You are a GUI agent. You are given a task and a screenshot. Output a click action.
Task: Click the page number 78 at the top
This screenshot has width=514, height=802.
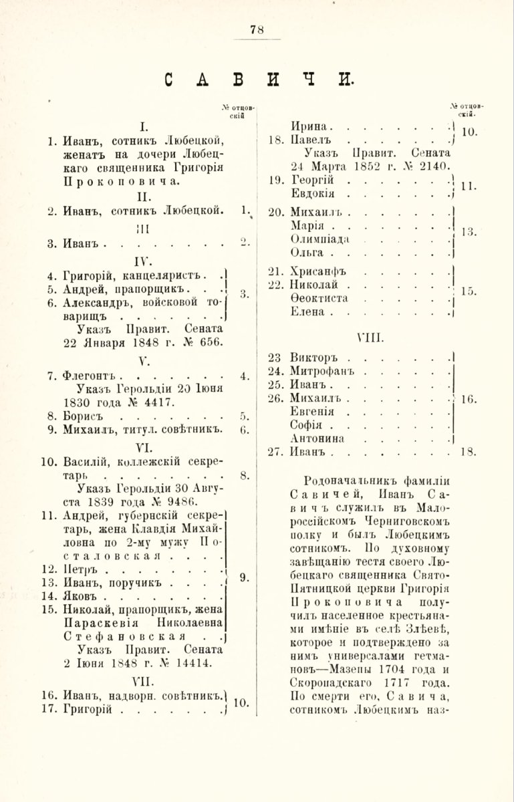(x=257, y=29)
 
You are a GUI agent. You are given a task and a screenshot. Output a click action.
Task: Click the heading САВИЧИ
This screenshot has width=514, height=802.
(x=257, y=80)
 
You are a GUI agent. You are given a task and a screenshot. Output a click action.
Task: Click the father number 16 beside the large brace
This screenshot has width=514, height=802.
(x=468, y=399)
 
